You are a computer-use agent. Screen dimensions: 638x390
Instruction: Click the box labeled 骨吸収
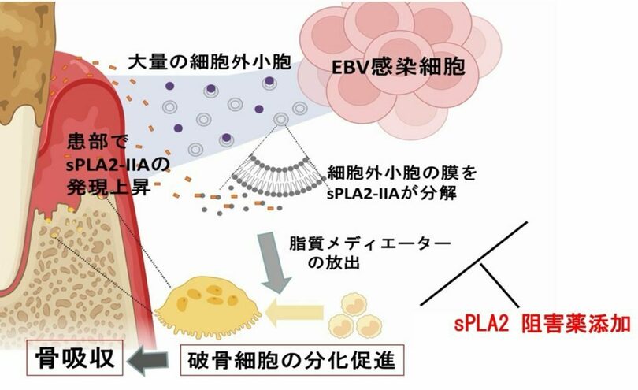[x=75, y=358]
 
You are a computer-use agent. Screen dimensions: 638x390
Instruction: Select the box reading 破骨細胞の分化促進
[x=291, y=360]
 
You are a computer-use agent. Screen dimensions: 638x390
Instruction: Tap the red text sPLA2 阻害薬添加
[x=542, y=325]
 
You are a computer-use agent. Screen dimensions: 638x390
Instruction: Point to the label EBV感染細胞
[x=398, y=67]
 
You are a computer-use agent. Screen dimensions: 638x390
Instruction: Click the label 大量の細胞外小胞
[x=210, y=62]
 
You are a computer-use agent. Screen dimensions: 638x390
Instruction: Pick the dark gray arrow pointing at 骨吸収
[x=148, y=360]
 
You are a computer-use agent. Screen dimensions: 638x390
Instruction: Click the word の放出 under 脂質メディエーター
[x=334, y=262]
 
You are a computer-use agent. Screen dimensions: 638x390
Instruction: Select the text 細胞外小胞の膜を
[x=402, y=173]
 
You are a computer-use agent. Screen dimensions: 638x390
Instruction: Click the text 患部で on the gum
[x=98, y=142]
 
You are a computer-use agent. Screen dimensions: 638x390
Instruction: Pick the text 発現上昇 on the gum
[x=109, y=188]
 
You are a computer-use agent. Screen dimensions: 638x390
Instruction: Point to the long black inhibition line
[x=473, y=264]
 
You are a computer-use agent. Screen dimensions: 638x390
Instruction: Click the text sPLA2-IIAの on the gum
[x=117, y=165]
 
